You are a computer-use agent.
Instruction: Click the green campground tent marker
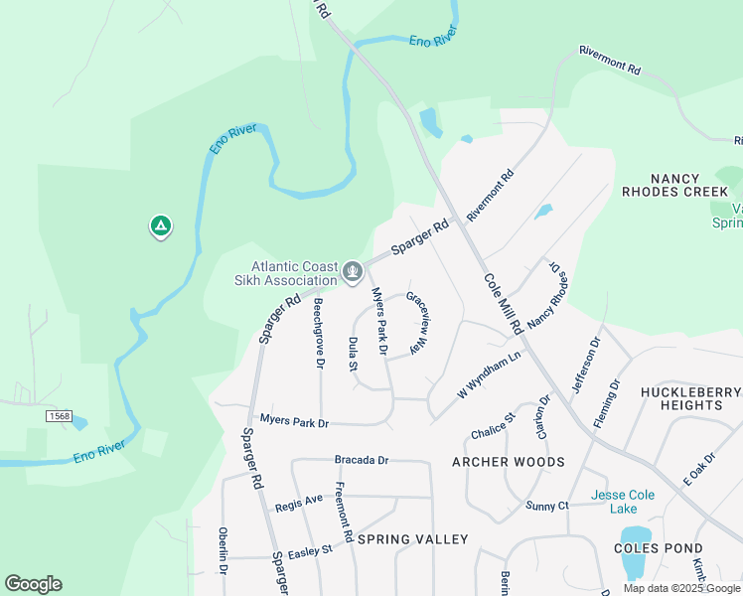click(160, 226)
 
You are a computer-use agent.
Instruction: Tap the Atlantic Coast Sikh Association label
click(293, 273)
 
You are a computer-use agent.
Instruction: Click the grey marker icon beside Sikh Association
click(352, 271)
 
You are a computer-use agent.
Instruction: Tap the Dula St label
click(354, 353)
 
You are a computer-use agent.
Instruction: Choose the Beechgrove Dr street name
click(319, 333)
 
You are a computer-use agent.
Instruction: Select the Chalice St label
click(493, 425)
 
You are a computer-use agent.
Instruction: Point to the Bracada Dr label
click(362, 461)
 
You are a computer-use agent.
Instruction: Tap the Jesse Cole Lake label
click(629, 502)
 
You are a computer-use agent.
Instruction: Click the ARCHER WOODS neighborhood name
click(508, 462)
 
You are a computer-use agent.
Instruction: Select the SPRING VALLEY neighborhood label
click(412, 539)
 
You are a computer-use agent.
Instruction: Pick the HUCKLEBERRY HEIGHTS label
click(691, 398)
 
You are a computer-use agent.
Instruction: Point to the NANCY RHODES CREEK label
click(675, 183)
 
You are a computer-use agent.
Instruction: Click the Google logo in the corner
click(33, 584)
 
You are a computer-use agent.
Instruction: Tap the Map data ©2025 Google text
click(681, 588)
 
